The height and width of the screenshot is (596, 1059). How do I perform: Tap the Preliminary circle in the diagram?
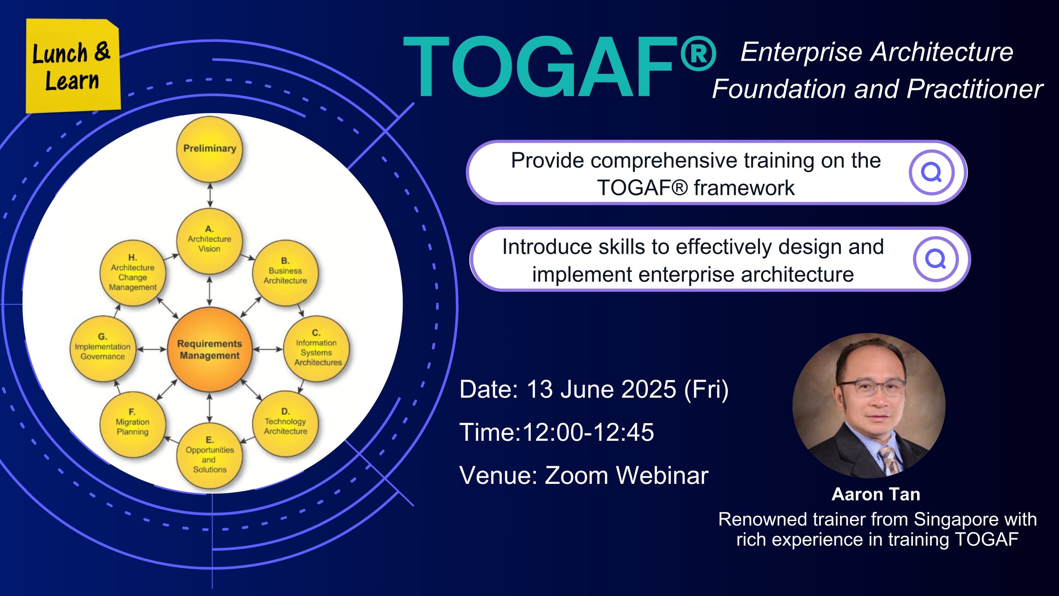(210, 149)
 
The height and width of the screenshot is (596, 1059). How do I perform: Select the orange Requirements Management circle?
(210, 349)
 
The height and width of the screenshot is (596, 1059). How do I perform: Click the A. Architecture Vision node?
(209, 240)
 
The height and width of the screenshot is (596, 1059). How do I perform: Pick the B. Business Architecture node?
(285, 273)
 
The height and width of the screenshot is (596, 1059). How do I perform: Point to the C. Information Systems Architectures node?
(316, 349)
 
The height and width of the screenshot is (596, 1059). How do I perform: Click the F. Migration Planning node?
(132, 424)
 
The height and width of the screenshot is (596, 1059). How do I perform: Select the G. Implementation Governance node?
(103, 348)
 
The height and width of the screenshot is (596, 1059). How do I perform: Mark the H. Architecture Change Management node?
(133, 273)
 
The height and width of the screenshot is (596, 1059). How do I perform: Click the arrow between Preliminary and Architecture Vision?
(210, 195)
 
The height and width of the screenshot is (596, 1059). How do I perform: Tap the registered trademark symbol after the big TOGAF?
(698, 53)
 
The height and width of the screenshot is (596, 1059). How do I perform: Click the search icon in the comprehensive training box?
(932, 173)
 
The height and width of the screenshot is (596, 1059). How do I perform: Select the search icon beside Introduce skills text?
(936, 259)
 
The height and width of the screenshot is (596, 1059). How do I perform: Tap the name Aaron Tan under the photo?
(876, 494)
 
